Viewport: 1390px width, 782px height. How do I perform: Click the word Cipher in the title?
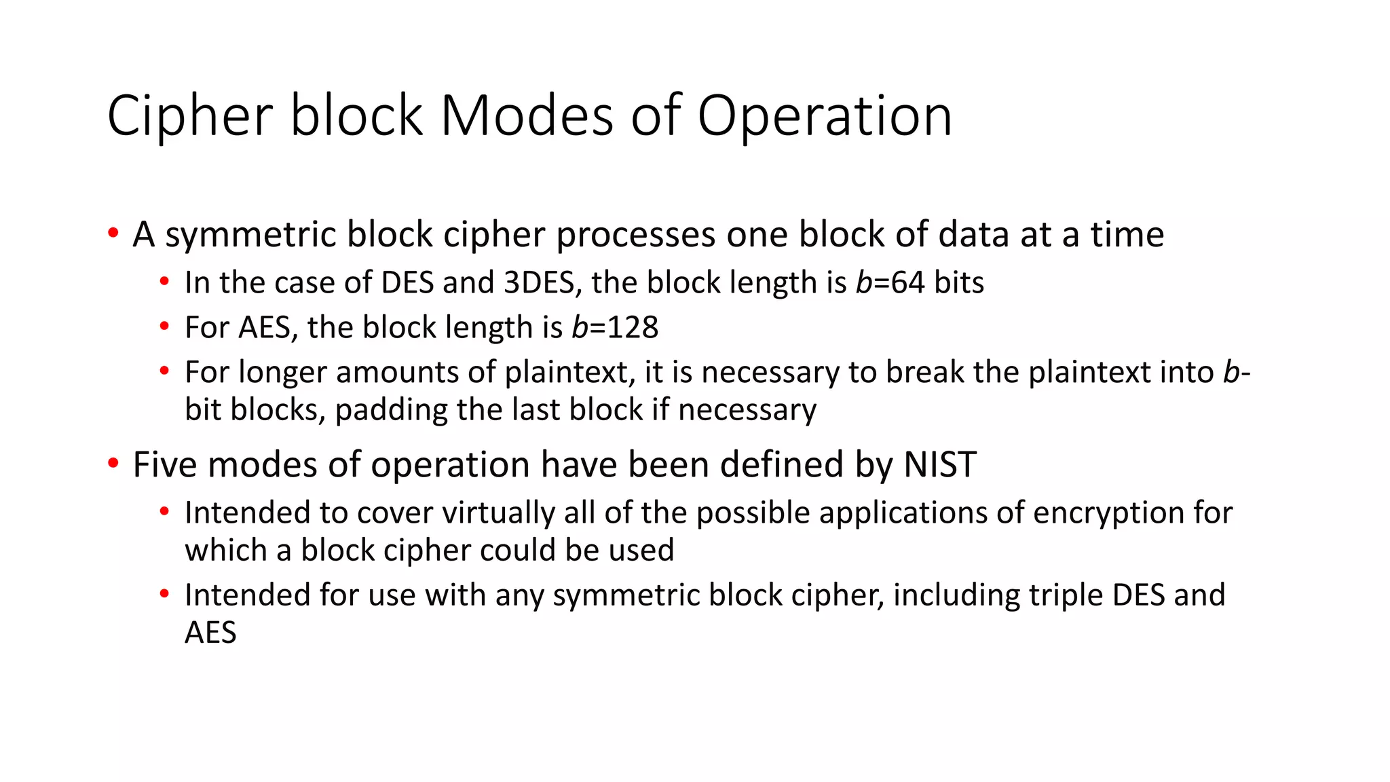(x=190, y=117)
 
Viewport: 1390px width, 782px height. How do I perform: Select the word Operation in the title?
(x=825, y=117)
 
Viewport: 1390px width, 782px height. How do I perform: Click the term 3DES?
(x=540, y=282)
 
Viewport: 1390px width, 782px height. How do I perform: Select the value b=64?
(x=890, y=282)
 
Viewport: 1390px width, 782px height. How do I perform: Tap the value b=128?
(x=615, y=327)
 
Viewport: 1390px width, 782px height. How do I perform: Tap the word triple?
(x=1066, y=595)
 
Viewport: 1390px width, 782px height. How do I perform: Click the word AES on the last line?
(x=210, y=633)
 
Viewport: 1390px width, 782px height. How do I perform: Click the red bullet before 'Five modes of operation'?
(x=113, y=464)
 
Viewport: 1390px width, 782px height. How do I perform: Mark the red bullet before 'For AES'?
(x=164, y=327)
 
